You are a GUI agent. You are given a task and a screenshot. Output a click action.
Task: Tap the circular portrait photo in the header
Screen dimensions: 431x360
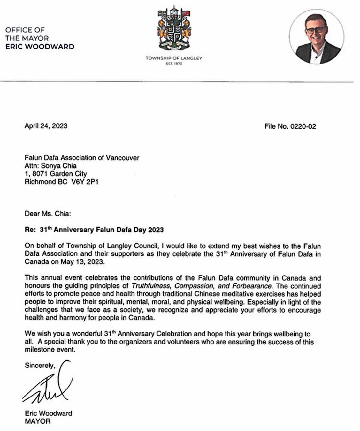[x=317, y=37]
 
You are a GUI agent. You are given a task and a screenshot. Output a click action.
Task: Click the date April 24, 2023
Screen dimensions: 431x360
[x=46, y=126]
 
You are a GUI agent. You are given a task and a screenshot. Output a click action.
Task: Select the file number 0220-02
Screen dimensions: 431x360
[x=303, y=126]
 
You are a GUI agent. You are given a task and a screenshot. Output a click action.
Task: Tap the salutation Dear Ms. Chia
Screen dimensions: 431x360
[x=48, y=213]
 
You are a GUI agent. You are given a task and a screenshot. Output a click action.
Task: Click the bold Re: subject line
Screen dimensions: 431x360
[x=94, y=230]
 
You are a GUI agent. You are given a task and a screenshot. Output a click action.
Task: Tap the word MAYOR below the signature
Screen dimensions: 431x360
[x=37, y=421]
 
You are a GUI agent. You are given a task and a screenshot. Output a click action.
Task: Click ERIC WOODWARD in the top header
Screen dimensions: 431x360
[x=40, y=47]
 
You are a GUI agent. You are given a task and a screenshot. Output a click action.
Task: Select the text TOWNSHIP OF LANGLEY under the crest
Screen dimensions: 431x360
[x=174, y=58]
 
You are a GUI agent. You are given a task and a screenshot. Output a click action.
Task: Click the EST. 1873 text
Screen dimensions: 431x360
[x=174, y=64]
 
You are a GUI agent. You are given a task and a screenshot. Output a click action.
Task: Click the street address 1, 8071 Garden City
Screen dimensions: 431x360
[x=56, y=174]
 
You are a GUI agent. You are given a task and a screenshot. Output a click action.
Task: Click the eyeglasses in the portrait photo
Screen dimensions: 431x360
[x=316, y=30]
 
